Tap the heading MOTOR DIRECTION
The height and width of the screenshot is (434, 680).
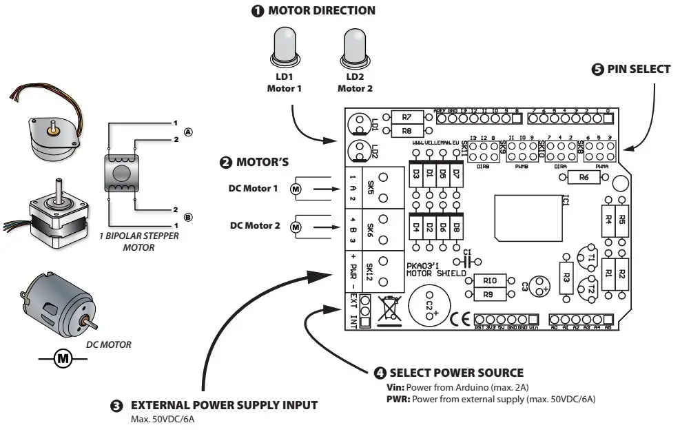[x=314, y=10]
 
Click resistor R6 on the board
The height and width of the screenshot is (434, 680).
[x=583, y=178]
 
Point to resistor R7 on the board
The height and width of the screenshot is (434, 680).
[x=407, y=116]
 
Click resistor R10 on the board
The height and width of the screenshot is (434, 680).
[x=490, y=281]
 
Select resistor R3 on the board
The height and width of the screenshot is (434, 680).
[x=566, y=277]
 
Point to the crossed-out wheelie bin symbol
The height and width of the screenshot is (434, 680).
[x=388, y=311]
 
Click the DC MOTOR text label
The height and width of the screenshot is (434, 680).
[x=107, y=344]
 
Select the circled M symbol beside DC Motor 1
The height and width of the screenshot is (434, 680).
[x=296, y=189]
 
